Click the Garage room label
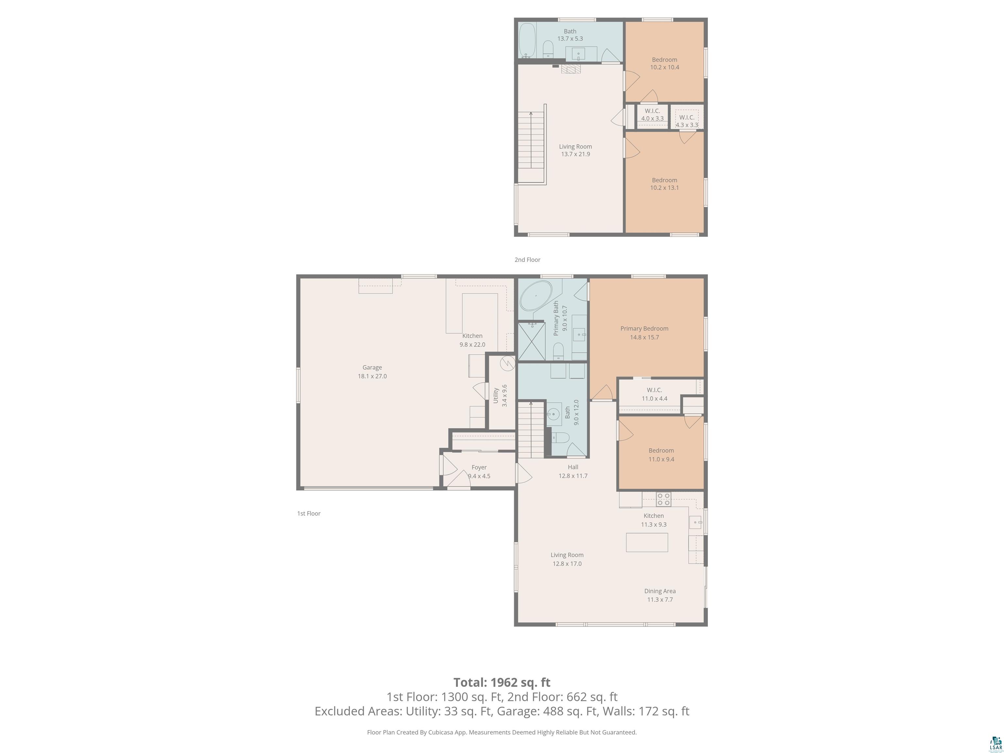[x=372, y=372]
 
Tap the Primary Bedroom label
[x=644, y=333]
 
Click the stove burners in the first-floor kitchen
[x=663, y=499]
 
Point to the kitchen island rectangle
[x=647, y=543]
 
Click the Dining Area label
[x=660, y=595]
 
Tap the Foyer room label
[x=479, y=472]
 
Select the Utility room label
[x=500, y=395]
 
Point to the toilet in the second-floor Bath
[x=548, y=49]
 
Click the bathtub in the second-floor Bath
[x=527, y=41]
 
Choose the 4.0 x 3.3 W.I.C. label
[x=652, y=115]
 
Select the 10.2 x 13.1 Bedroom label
[x=664, y=184]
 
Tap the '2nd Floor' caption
[x=527, y=259]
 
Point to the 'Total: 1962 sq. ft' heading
[x=502, y=682]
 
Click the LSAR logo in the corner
[x=996, y=743]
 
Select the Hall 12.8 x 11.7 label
[x=573, y=471]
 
